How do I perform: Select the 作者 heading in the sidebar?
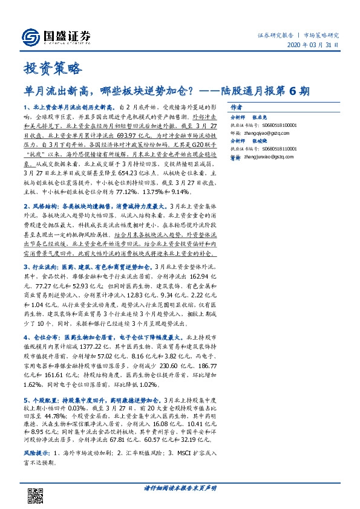(x=238, y=105)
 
